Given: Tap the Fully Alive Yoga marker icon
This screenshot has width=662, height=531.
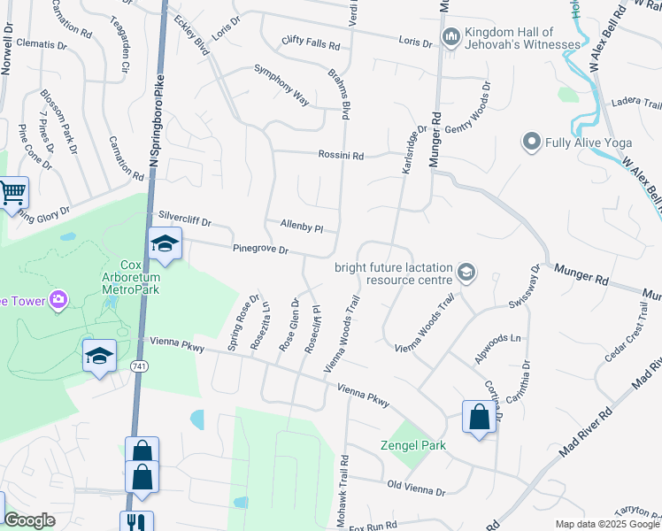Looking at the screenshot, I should [532, 142].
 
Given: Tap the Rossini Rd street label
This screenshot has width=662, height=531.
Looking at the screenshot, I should [341, 156].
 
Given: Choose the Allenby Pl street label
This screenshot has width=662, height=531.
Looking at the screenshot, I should [301, 226].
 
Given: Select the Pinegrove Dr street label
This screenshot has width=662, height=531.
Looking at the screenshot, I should [260, 250].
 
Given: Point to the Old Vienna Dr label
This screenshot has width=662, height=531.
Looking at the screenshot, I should [416, 488].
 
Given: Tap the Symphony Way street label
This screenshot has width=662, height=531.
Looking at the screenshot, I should [281, 85].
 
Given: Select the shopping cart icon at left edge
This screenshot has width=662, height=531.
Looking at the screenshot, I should [12, 193].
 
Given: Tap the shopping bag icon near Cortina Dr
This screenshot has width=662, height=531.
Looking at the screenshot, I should [479, 417].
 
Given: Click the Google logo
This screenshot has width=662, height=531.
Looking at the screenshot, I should [30, 521].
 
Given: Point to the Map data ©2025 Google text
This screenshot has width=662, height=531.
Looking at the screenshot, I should [606, 524].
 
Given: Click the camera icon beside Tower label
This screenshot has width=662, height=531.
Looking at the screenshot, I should [58, 300].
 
